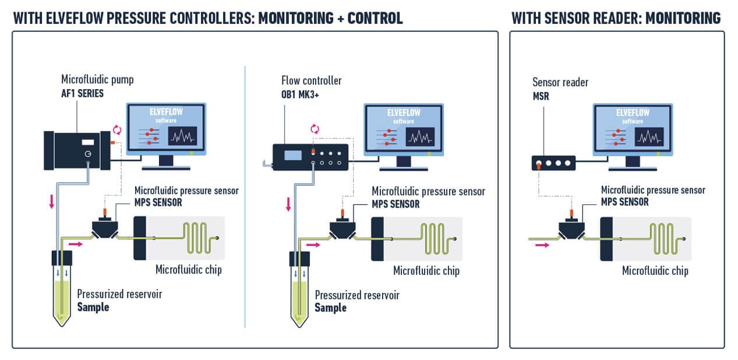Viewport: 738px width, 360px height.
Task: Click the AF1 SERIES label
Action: coord(82,93)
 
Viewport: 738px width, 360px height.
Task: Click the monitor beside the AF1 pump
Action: coord(166,130)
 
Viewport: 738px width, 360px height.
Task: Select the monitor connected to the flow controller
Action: coord(403,130)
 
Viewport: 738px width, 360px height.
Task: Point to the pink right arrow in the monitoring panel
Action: coord(542,246)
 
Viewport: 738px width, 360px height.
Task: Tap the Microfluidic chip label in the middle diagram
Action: coord(426,271)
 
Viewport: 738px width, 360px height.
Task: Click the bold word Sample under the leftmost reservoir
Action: coord(93,307)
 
